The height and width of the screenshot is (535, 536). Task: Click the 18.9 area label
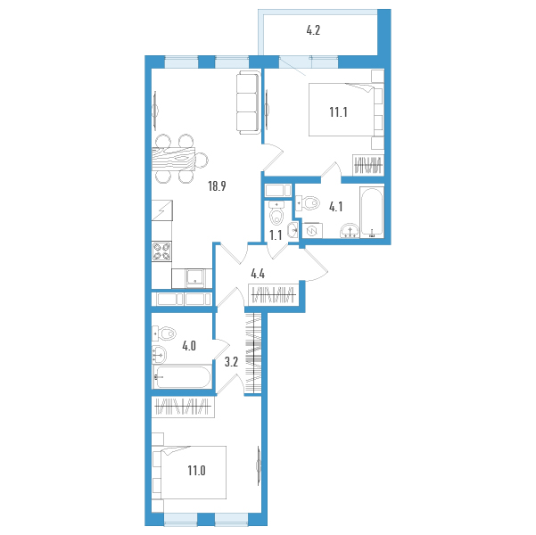pos(217,186)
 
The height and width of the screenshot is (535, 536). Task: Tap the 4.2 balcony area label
pos(313,31)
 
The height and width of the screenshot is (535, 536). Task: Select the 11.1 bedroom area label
pos(338,111)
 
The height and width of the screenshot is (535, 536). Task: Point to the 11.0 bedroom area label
pos(196,471)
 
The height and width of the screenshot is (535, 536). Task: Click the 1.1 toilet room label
pos(276,235)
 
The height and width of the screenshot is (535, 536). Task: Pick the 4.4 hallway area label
pos(258,274)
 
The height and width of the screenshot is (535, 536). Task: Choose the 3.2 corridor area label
pos(231,362)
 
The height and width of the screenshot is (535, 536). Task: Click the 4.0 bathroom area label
pos(189,346)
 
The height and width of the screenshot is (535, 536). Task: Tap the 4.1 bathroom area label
pos(335,207)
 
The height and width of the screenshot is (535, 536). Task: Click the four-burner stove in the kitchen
pos(161,251)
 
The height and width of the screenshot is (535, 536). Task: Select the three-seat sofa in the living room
pos(248,103)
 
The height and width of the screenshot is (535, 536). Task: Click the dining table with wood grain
pos(173,159)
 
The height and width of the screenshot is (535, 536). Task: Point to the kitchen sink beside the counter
pos(194,278)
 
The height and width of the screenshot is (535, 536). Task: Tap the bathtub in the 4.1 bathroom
pos(372,212)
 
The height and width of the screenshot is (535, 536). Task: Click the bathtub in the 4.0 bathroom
pos(182,376)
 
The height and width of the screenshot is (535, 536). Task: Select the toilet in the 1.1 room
pos(276,213)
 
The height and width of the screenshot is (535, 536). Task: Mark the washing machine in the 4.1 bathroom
pos(312,231)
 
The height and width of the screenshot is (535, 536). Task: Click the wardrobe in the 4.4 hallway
pos(273,294)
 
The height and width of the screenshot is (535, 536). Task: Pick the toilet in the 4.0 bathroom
pos(164,333)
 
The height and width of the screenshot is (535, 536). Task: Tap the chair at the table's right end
pos(202,160)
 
